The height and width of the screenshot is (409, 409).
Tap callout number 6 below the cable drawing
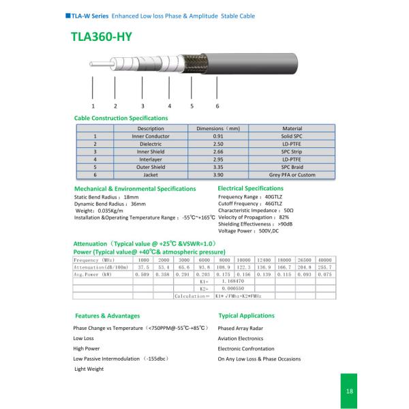217,106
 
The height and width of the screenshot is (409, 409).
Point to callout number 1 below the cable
93,106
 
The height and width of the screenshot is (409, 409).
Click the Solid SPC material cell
292,136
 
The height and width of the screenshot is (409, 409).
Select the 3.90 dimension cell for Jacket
218,175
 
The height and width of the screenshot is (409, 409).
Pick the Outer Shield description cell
150,167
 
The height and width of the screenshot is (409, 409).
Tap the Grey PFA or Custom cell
292,175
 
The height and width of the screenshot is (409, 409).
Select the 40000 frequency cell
325,260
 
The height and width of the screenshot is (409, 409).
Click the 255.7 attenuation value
325,267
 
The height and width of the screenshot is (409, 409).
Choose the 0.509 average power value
143,274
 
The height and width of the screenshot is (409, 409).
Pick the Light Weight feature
89,369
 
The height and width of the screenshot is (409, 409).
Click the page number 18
349,391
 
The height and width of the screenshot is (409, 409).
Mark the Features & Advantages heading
107,316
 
